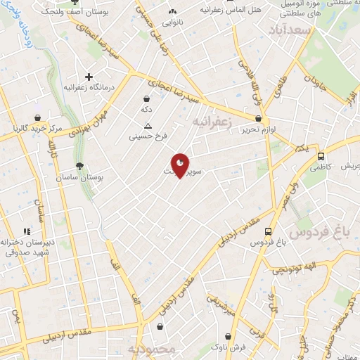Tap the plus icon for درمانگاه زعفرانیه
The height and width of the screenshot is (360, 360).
89,77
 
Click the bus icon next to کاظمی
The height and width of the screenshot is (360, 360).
321,157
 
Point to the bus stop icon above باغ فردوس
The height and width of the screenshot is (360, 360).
268,231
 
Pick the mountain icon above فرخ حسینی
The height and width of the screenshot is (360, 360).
148,125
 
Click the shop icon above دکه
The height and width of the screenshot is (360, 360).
146,98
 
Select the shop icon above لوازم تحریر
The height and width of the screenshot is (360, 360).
259,118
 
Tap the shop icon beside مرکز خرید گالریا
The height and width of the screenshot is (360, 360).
37,117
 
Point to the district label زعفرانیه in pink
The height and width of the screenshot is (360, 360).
211,122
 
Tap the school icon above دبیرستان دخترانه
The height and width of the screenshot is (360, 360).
27,231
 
